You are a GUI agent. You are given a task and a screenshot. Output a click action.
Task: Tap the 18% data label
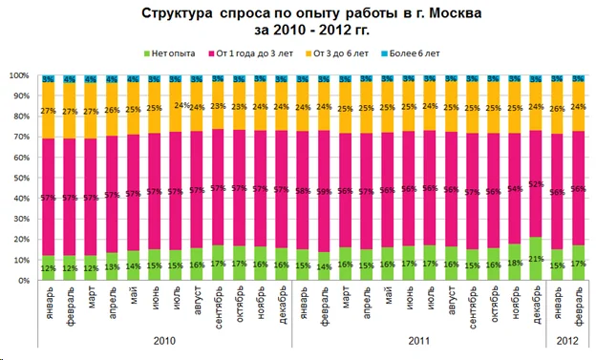pyautogui.click(x=516, y=263)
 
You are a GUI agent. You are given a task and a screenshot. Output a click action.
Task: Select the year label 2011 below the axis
pyautogui.click(x=417, y=341)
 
